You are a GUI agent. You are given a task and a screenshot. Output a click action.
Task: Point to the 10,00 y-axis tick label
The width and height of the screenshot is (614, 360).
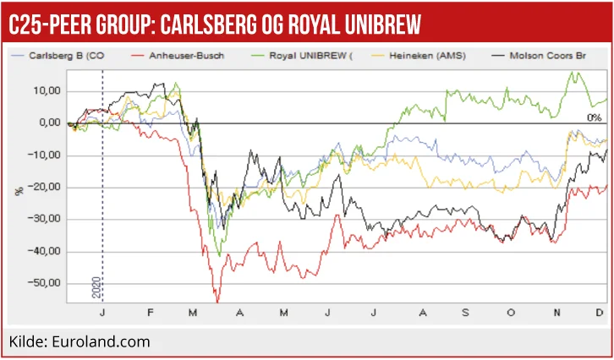pos(48,90)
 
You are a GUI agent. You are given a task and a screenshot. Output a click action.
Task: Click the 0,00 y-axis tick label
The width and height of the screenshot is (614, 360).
pos(50,123)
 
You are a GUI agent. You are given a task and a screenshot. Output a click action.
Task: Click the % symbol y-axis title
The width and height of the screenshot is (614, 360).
pos(19,191)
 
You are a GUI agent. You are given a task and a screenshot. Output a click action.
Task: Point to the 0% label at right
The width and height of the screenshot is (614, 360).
pos(594,117)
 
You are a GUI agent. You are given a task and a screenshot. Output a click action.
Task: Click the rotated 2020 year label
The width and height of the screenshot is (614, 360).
pos(96,289)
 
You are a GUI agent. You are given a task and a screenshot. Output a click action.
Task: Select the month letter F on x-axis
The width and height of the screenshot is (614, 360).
pos(151,314)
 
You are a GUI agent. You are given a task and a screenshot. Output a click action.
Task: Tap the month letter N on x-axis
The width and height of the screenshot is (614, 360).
pos(556,314)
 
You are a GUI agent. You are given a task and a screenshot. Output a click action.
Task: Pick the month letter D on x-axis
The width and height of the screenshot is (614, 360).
pos(600,314)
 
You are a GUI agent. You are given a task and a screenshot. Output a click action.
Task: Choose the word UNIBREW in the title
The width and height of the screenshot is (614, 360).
pos(376,25)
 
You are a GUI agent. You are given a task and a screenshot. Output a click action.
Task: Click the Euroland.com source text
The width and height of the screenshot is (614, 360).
pos(104,341)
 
